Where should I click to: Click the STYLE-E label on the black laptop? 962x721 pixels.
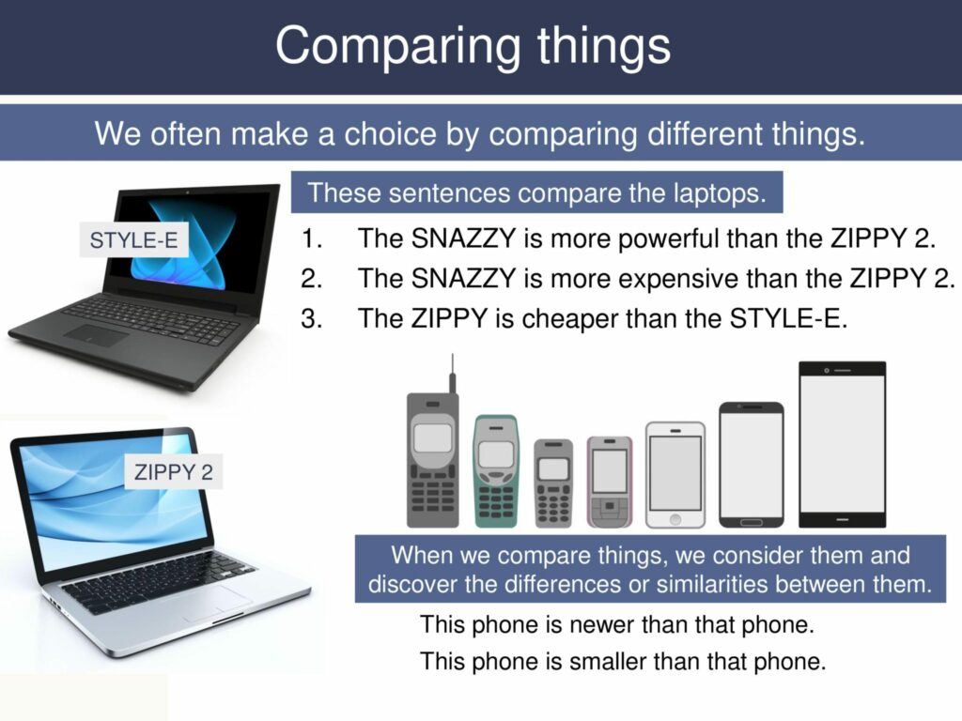pos(133,241)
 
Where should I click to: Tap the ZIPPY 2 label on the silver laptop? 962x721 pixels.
pos(173,472)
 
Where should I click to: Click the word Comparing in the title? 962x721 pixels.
pos(392,45)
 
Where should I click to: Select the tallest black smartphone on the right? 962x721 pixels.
pos(842,444)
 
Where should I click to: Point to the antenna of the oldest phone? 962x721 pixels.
pos(452,373)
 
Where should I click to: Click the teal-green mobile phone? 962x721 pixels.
pos(495,471)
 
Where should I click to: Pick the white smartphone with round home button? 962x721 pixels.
pos(675,474)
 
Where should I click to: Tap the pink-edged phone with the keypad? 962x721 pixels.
pos(609,482)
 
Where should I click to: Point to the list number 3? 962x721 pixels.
pos(311,319)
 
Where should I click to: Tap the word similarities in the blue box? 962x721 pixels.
pos(714,584)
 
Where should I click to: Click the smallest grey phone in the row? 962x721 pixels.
pos(553,483)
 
